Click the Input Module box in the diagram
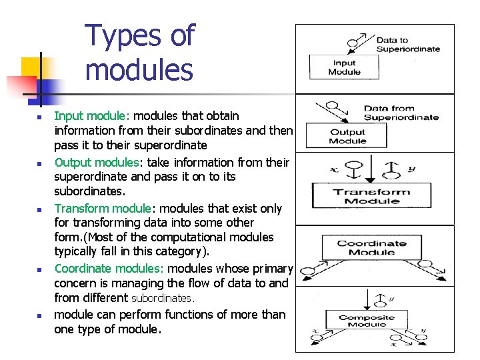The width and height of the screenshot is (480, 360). click(344, 67)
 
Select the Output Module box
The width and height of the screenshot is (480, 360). click(347, 137)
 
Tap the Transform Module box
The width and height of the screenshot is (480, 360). click(372, 197)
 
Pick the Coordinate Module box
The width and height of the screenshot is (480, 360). click(371, 247)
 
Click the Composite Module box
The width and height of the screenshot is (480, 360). click(367, 321)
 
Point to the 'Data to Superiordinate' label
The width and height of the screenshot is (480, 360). click(408, 45)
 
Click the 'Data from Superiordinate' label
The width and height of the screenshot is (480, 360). click(401, 113)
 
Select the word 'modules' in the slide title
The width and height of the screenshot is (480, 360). click(139, 69)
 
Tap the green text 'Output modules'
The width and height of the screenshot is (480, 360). click(97, 163)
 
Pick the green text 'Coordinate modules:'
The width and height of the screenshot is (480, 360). click(109, 269)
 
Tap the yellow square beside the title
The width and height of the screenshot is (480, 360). click(33, 68)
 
